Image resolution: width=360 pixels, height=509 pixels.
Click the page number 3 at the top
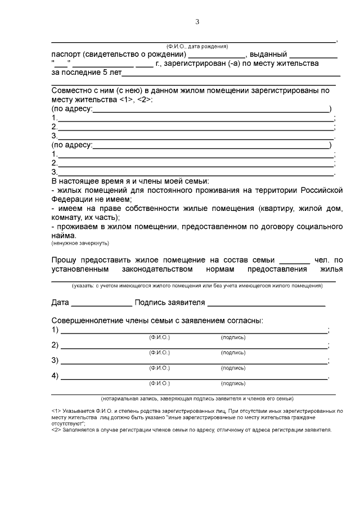[197, 22]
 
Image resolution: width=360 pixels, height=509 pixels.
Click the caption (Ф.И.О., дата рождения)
[196, 46]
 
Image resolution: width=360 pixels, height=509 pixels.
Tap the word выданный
[268, 55]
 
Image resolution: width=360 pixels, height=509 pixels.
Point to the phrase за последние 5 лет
[85, 73]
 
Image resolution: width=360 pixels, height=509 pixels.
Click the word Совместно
[71, 91]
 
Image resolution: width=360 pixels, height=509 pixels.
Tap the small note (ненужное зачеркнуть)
[80, 244]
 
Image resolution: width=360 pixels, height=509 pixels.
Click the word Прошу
[64, 260]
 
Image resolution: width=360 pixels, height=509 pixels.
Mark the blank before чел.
[294, 261]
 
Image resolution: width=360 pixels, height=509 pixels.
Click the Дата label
[60, 303]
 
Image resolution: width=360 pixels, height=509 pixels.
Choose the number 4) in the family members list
[55, 376]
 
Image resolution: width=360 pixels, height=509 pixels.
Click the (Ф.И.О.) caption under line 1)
[159, 337]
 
